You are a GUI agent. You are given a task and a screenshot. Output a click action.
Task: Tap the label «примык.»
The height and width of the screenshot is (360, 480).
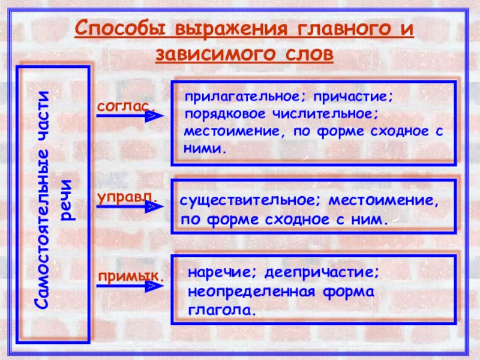131,275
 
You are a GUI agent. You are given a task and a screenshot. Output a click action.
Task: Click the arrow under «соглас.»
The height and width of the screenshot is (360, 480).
130,116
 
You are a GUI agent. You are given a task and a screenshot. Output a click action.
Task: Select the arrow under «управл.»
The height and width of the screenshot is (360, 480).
130,206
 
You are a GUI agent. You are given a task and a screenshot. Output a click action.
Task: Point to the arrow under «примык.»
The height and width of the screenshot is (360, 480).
130,287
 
